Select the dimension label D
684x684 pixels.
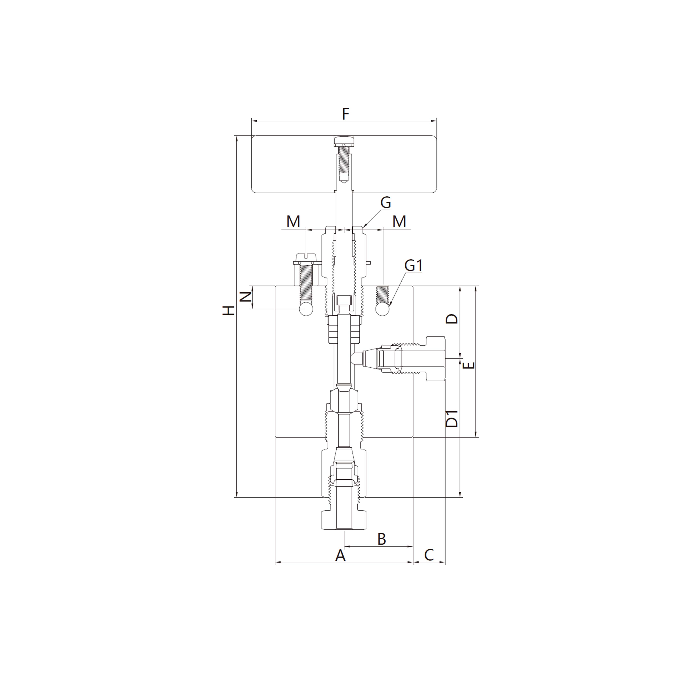(x=452, y=319)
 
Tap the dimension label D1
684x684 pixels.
(x=452, y=419)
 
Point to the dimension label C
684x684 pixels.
(x=429, y=555)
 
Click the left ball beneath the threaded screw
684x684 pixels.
(x=306, y=310)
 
